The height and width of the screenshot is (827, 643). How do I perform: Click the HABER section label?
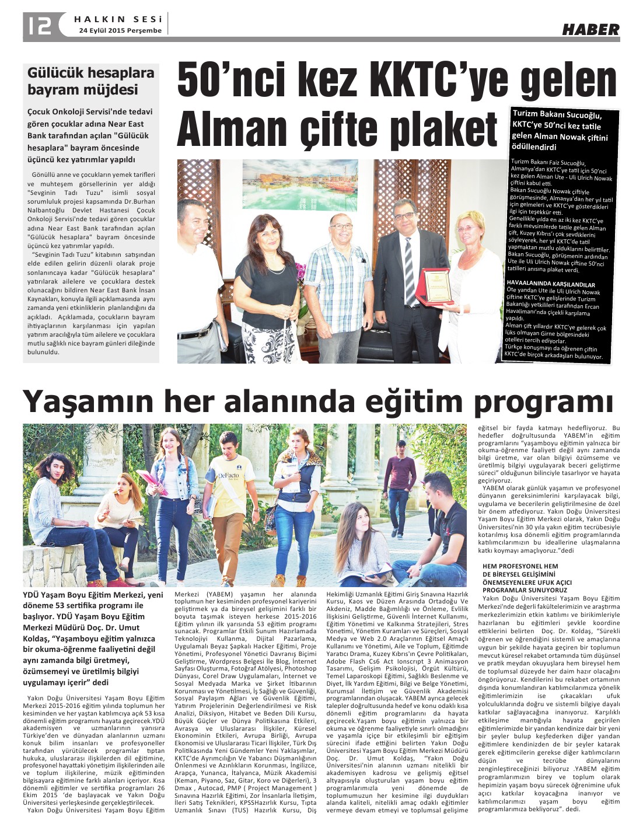(x=590, y=29)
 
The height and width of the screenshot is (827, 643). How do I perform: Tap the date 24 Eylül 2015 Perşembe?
(x=120, y=30)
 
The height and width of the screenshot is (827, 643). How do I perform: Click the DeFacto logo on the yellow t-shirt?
(x=229, y=476)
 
